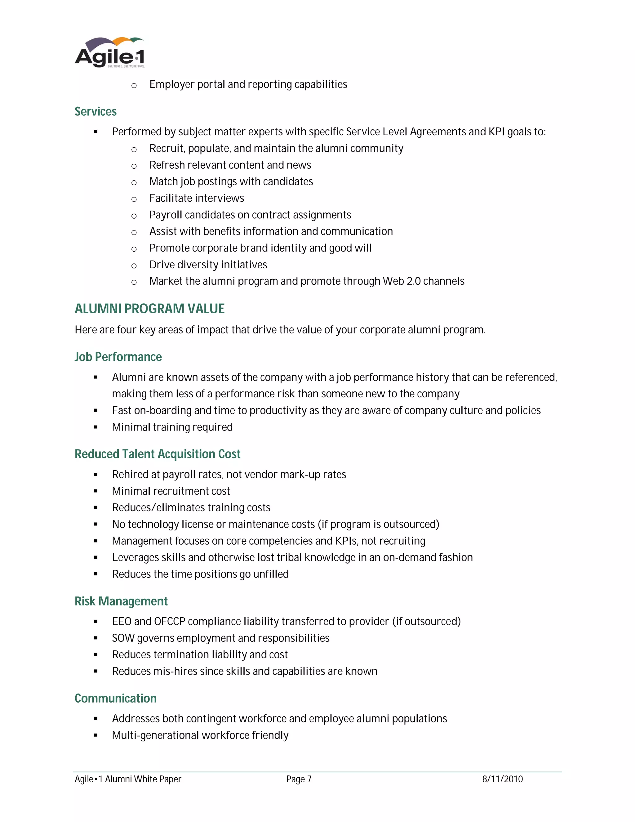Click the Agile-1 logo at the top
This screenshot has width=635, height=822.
(109, 53)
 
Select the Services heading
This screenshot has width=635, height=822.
(95, 111)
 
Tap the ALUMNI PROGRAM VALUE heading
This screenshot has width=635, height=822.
(149, 309)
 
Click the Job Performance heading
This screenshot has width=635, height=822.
(118, 357)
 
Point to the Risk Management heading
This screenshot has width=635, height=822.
(121, 601)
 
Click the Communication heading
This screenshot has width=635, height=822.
(115, 698)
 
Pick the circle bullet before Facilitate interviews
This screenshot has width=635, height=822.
(134, 199)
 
